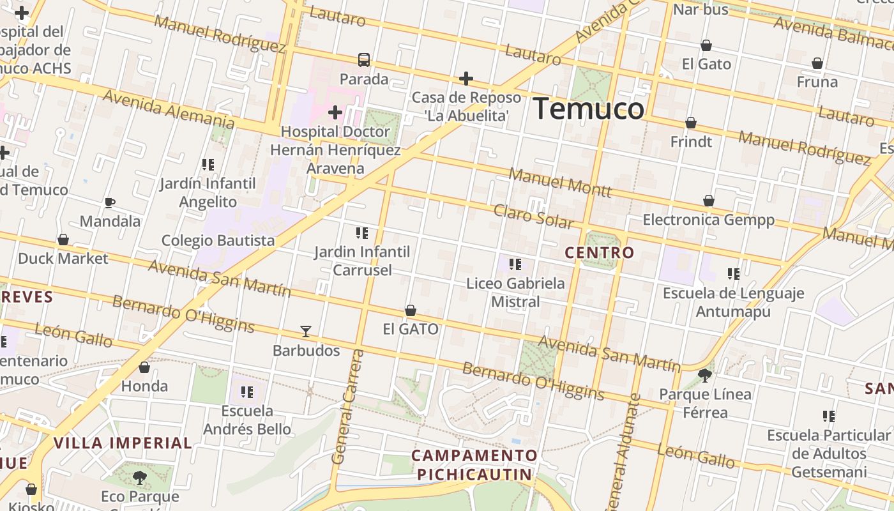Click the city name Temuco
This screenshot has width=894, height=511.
tap(588, 109)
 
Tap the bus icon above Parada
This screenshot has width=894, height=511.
tap(364, 60)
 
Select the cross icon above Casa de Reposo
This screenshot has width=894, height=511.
tap(466, 79)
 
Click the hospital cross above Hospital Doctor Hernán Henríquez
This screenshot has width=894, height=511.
tap(335, 113)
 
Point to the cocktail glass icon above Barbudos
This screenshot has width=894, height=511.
tap(306, 332)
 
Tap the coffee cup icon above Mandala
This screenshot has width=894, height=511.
tap(110, 203)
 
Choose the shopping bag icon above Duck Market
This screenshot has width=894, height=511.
tap(63, 240)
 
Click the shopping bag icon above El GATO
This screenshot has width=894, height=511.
tap(411, 310)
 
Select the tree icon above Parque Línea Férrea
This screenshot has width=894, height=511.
tap(705, 375)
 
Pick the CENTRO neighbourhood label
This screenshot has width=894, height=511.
tap(600, 253)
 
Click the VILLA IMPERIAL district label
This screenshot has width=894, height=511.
tap(123, 443)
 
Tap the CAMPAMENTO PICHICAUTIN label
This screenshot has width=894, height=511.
tap(474, 465)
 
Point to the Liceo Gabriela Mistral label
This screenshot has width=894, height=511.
tap(515, 292)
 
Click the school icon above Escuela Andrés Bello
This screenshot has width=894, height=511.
tap(247, 392)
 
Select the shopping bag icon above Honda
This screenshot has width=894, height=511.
tap(144, 367)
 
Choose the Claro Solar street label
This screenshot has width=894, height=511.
tap(534, 217)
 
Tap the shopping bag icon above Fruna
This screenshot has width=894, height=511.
tap(817, 63)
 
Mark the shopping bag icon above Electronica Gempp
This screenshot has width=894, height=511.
tap(708, 201)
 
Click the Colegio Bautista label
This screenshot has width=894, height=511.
tap(218, 240)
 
